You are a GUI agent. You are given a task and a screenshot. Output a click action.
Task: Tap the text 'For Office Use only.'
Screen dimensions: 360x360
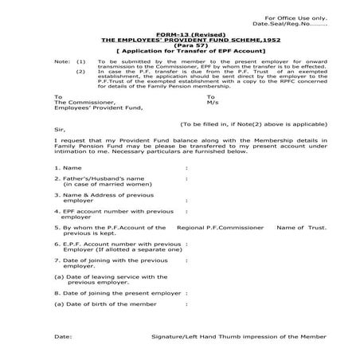coord(295,17)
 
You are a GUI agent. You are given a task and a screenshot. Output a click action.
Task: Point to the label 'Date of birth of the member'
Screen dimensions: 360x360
coord(111,303)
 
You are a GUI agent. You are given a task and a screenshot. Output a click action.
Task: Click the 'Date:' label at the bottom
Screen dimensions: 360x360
coord(64,337)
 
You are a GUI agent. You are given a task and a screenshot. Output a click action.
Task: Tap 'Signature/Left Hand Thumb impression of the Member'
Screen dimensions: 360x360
coord(239,337)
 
